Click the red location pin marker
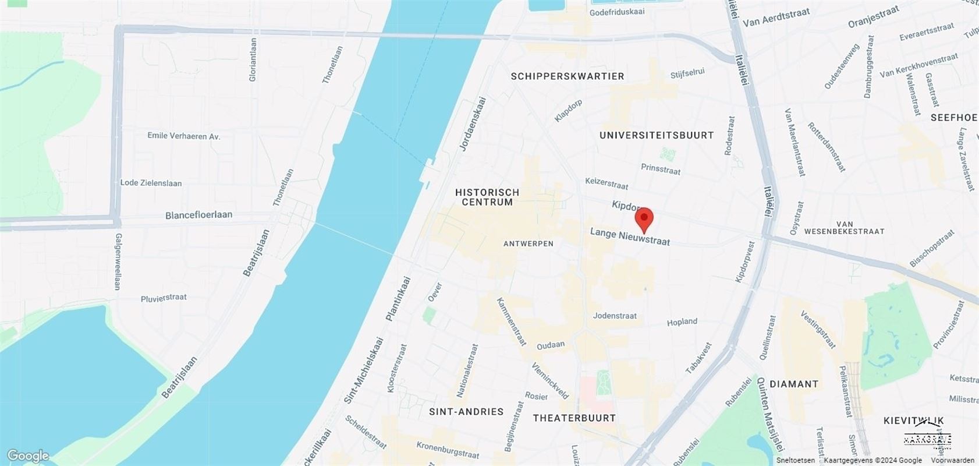click(x=643, y=220)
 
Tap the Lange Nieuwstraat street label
click(x=630, y=236)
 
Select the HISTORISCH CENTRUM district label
click(x=487, y=197)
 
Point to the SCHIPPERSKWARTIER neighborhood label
click(x=567, y=76)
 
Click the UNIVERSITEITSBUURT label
click(x=657, y=135)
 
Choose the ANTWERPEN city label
click(x=528, y=243)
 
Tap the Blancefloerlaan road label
click(x=198, y=215)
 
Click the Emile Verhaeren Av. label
click(x=183, y=136)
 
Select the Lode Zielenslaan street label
click(x=151, y=183)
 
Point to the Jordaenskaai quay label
click(x=473, y=124)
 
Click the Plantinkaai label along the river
click(x=399, y=298)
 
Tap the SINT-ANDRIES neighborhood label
click(x=466, y=412)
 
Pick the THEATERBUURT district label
click(x=574, y=418)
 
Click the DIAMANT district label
click(x=794, y=384)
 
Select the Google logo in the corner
click(x=27, y=456)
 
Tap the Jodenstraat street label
click(x=615, y=316)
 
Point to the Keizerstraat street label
click(x=606, y=183)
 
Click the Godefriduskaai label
click(x=617, y=12)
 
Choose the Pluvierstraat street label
click(x=164, y=298)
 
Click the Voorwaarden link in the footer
click(x=952, y=460)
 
